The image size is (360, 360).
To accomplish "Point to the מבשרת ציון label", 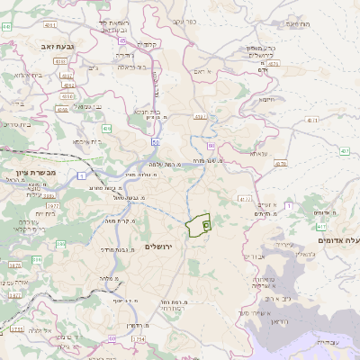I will coord(36,172).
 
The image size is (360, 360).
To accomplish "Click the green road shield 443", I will coord(6,27).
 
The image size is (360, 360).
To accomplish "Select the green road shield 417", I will coord(322,228).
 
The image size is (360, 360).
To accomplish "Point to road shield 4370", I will coord(281,165).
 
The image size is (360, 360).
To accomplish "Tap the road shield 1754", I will coord(138,337).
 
